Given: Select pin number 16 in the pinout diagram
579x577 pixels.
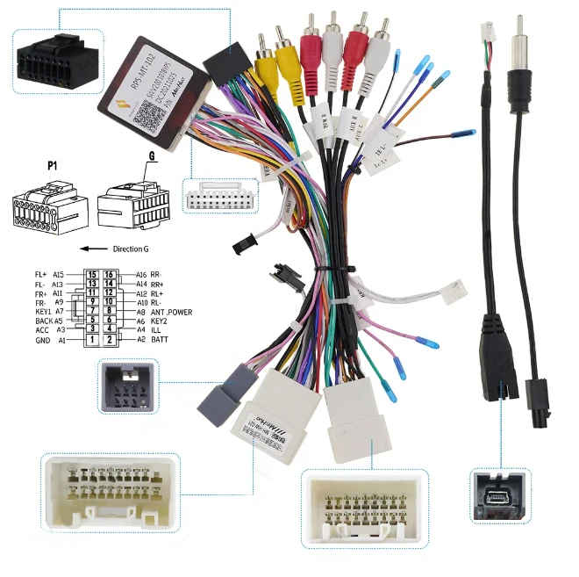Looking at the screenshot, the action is [x=110, y=275].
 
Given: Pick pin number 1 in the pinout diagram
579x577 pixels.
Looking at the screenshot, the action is [x=90, y=339].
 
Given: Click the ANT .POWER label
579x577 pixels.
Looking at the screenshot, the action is [x=171, y=312].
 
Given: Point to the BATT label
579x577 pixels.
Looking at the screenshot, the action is [x=159, y=339].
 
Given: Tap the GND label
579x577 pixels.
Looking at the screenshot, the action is [x=44, y=339].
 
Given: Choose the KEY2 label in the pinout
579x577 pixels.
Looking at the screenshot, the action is [x=159, y=321].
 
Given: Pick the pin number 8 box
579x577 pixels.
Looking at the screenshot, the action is [x=110, y=312].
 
